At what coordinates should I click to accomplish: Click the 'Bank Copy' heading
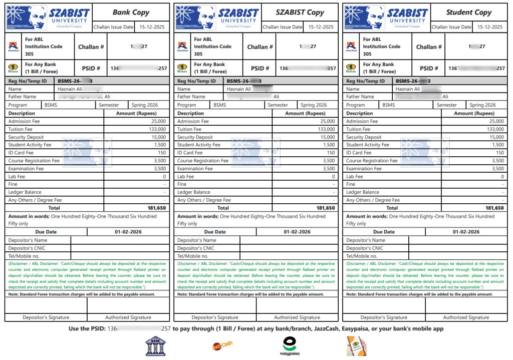(x=131, y=13)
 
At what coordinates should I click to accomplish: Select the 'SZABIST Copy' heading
(x=300, y=13)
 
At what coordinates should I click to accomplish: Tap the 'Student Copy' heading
(x=469, y=13)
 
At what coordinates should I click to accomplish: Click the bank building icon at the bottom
(x=155, y=346)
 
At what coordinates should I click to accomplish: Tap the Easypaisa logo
(x=289, y=346)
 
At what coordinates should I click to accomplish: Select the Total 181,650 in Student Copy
(x=495, y=208)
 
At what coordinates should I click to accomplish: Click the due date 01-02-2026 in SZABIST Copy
(x=297, y=232)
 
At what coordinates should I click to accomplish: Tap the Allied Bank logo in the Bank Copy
(x=13, y=47)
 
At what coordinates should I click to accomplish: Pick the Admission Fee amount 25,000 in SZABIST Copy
(x=327, y=121)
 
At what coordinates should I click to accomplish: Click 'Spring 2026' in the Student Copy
(x=482, y=105)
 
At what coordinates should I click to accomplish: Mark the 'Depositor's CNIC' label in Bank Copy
(x=27, y=248)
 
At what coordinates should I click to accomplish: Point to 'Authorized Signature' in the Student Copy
(x=466, y=317)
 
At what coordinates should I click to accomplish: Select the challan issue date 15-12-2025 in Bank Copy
(x=152, y=27)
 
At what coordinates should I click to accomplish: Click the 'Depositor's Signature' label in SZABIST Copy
(x=215, y=317)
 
